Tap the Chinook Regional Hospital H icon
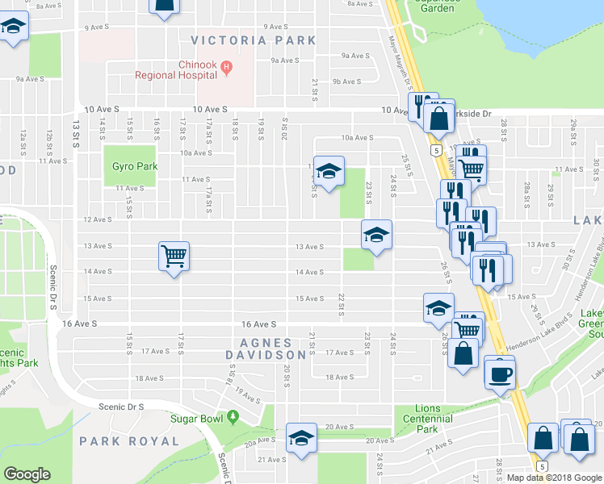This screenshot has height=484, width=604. (227, 67)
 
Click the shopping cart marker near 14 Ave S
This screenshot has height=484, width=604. (174, 257)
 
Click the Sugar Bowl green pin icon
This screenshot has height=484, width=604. (233, 417)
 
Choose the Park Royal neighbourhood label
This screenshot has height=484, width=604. (129, 441)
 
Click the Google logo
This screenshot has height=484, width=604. (27, 474)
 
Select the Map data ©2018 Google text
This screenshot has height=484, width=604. (555, 478)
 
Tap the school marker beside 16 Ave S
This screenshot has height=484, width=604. (438, 309)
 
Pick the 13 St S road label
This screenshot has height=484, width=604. (75, 134)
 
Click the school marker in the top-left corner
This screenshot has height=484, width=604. (13, 29)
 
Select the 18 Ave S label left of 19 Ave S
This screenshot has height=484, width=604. (150, 378)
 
